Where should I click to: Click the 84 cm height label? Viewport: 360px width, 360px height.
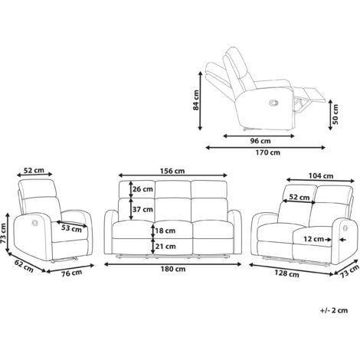(196, 97)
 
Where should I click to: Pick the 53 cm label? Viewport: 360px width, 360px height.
(71, 227)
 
